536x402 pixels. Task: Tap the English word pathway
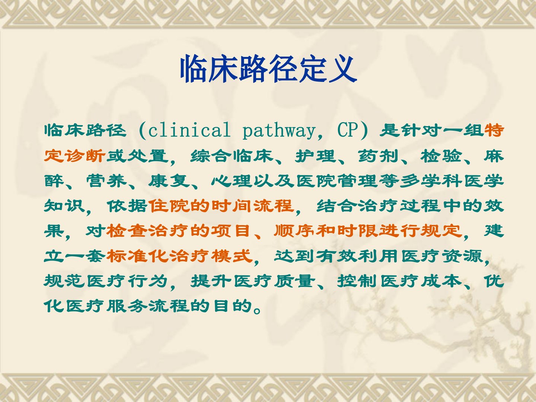(x=279, y=131)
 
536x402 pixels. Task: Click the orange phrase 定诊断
(x=75, y=156)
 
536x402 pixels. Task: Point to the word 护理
(x=315, y=156)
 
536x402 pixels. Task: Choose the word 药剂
(x=378, y=156)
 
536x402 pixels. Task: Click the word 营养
(x=106, y=181)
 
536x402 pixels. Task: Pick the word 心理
(x=232, y=181)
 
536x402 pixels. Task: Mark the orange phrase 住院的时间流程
(x=221, y=206)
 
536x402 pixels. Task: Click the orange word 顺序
(x=294, y=231)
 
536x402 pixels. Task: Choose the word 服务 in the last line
(x=127, y=306)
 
